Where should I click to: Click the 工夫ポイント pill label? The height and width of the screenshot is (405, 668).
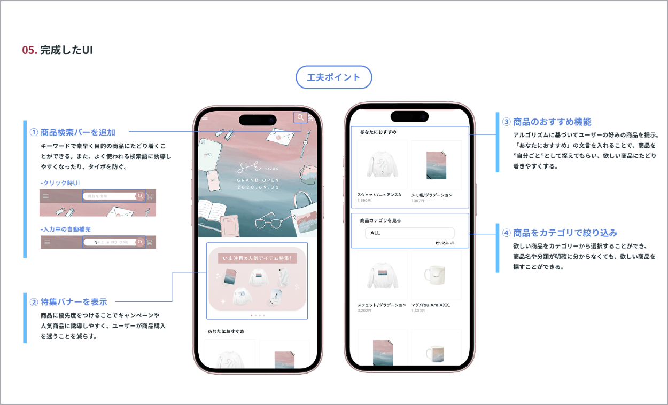click(333, 77)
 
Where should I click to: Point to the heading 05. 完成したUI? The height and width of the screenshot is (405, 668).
click(58, 50)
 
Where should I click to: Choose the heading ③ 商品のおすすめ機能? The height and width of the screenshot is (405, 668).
click(547, 122)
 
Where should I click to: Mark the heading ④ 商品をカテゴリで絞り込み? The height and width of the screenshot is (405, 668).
click(560, 233)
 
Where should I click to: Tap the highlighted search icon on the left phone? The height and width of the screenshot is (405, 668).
click(301, 117)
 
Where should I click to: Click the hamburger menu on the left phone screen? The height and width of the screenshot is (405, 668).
click(205, 117)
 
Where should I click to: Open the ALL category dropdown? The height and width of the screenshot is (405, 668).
click(409, 233)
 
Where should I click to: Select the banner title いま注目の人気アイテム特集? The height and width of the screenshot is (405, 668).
click(257, 258)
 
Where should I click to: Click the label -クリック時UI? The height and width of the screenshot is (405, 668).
click(60, 183)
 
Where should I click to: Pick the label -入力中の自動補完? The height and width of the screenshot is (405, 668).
click(66, 229)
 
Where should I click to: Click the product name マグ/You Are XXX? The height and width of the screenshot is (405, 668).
click(431, 305)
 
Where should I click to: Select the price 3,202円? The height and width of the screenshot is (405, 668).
click(365, 310)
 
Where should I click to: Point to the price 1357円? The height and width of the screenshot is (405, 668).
click(417, 201)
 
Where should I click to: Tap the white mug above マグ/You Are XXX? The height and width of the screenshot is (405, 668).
click(435, 276)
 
